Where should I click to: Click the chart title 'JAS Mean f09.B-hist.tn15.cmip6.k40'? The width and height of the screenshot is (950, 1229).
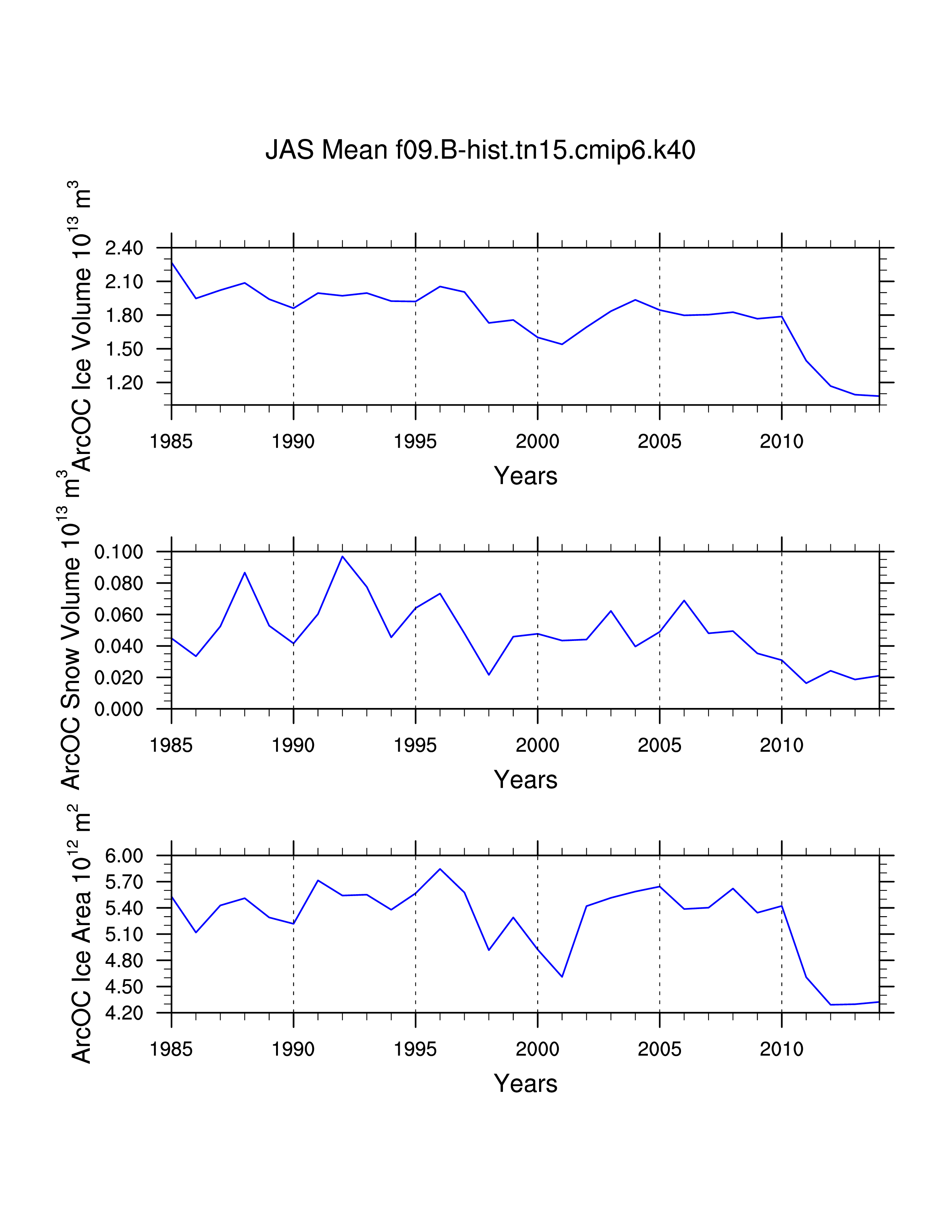[480, 150]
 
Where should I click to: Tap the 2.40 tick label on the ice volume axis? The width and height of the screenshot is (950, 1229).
[124, 248]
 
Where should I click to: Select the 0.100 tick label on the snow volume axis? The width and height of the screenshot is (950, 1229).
[119, 552]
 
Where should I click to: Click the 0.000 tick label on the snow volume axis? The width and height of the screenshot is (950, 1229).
[119, 709]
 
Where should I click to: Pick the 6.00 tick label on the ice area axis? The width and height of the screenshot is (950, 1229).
[124, 856]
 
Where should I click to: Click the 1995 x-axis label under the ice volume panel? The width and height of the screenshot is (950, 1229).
[415, 442]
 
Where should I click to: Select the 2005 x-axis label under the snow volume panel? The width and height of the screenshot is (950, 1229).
[659, 746]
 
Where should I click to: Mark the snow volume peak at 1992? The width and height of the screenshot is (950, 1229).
[342, 556]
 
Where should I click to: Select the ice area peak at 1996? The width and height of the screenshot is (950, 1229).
[440, 869]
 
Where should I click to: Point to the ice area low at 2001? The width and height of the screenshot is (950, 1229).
[562, 976]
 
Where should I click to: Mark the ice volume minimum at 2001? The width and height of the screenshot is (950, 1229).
[562, 344]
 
